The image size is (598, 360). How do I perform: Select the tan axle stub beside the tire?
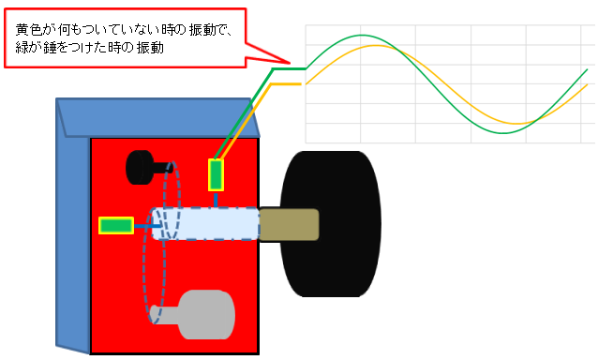pos(289,224)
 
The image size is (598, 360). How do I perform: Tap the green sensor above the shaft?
pos(217,174)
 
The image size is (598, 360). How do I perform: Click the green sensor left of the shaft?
pos(116,225)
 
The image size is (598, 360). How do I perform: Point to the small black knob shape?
pos(141,167)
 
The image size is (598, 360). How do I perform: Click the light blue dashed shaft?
pos(206,224)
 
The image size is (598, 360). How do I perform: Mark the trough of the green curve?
pos(504,133)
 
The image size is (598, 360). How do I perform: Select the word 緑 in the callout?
pos(22,48)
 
